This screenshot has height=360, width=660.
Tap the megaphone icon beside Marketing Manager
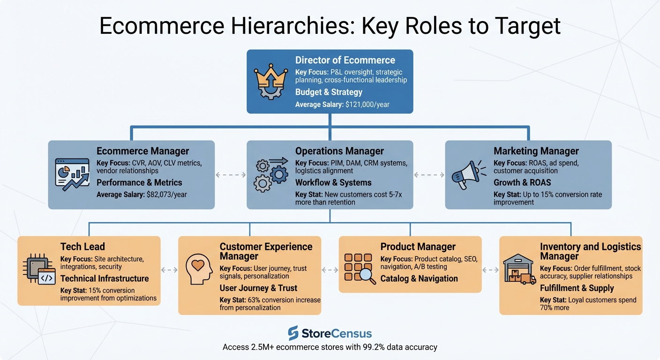tap(466, 174)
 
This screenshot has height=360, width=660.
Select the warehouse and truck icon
tap(518, 270)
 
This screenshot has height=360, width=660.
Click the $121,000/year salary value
tap(367, 105)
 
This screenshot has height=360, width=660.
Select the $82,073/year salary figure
tap(166, 194)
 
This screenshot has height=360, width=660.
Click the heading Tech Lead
tap(82, 247)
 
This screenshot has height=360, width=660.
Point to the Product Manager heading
tap(418, 247)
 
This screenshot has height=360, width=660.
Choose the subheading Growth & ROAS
tap(522, 182)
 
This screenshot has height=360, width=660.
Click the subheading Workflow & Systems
tap(333, 182)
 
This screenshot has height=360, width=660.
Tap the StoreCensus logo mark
tap(293, 333)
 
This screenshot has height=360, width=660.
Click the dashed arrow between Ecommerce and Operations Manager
tap(231, 175)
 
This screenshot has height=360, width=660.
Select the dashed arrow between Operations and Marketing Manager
tap(429, 175)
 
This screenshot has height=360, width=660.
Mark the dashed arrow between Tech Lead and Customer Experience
tap(169, 270)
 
